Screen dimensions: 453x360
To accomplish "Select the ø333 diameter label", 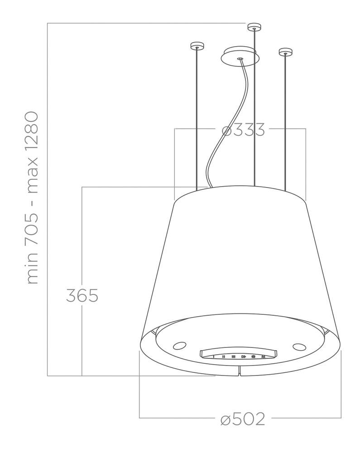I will click(x=243, y=130).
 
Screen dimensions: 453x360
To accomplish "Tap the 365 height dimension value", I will click(x=82, y=295).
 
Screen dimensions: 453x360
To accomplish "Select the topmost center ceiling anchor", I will click(x=254, y=27).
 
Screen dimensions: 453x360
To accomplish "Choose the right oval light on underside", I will click(x=299, y=347).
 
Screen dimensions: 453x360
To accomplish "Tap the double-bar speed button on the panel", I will click(x=223, y=357).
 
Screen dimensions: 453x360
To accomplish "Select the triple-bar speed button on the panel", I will click(x=233, y=357).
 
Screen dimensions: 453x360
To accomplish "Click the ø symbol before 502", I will click(x=226, y=420).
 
